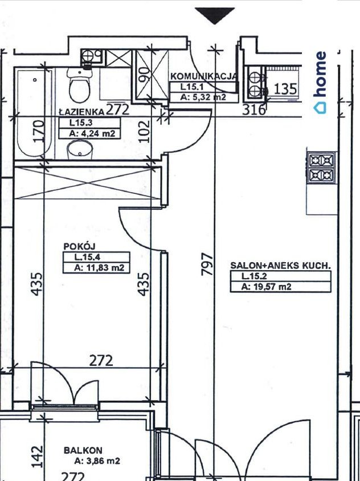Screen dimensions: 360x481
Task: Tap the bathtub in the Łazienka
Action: click(x=34, y=113)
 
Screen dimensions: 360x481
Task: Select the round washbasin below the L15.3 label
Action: click(x=80, y=150)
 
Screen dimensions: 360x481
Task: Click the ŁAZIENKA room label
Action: click(x=81, y=112)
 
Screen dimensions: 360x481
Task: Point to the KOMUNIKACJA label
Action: click(x=203, y=76)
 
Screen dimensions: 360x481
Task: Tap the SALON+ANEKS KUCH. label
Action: click(x=281, y=266)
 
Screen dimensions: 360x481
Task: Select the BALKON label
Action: click(x=83, y=450)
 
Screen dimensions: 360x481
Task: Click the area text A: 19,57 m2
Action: click(x=266, y=287)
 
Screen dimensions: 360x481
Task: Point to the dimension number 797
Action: click(x=207, y=264)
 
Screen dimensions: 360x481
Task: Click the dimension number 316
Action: click(x=253, y=110)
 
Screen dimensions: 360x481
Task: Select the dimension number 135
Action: click(x=285, y=89)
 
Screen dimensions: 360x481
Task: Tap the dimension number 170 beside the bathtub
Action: click(x=39, y=132)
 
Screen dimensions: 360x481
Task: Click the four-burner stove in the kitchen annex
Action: click(x=322, y=168)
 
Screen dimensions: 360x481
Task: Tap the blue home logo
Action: click(x=320, y=83)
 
